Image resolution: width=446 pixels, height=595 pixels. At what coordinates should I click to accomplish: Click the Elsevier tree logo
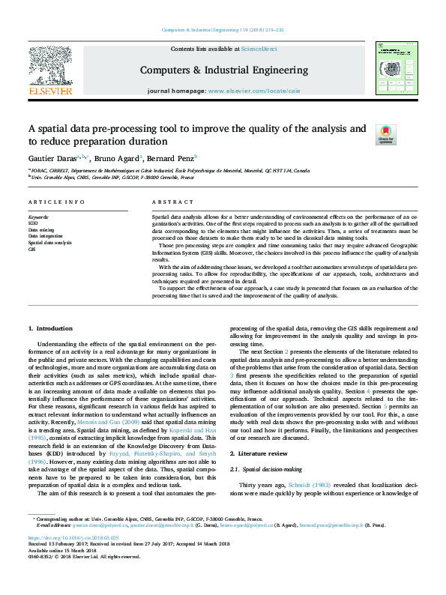(50, 65)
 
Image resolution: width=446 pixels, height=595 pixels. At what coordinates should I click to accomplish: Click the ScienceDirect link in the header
(259, 49)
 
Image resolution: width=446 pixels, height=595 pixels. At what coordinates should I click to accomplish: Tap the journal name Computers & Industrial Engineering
(223, 70)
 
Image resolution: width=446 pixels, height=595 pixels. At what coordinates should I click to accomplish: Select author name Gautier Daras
(49, 158)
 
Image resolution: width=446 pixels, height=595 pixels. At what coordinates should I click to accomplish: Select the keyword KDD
(33, 223)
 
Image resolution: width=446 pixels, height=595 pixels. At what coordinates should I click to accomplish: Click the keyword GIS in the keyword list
(31, 249)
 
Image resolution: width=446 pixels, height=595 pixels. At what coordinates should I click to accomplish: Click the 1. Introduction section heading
(51, 328)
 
